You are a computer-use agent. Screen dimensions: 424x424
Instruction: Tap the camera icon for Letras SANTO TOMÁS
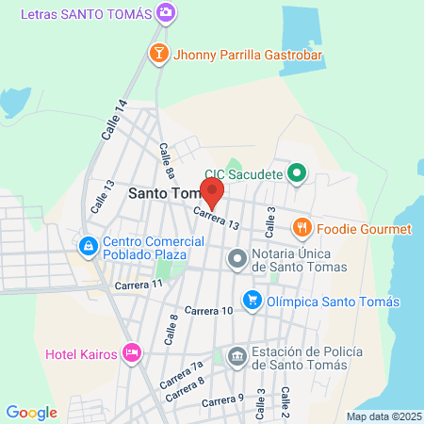pyautogui.click(x=166, y=12)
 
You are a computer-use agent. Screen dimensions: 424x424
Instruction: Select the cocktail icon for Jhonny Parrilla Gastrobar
pyautogui.click(x=158, y=54)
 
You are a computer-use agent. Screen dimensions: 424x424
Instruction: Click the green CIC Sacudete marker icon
pyautogui.click(x=297, y=172)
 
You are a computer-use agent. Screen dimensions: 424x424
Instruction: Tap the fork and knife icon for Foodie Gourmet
pyautogui.click(x=302, y=228)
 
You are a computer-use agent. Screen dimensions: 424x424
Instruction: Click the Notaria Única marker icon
pyautogui.click(x=237, y=257)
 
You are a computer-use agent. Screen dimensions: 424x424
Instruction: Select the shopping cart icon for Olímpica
pyautogui.click(x=253, y=301)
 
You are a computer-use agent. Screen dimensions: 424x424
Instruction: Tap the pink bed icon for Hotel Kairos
pyautogui.click(x=132, y=354)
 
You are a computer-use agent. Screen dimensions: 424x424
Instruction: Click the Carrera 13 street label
pyautogui.click(x=218, y=219)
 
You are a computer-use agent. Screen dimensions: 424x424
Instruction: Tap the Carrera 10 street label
pyautogui.click(x=208, y=310)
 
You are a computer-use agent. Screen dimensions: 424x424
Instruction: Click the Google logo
pyautogui.click(x=31, y=412)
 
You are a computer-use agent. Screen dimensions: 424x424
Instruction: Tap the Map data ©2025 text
pyautogui.click(x=383, y=416)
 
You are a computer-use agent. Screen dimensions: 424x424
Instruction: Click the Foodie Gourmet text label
pyautogui.click(x=364, y=229)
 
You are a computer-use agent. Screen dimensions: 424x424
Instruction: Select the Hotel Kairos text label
pyautogui.click(x=81, y=355)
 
